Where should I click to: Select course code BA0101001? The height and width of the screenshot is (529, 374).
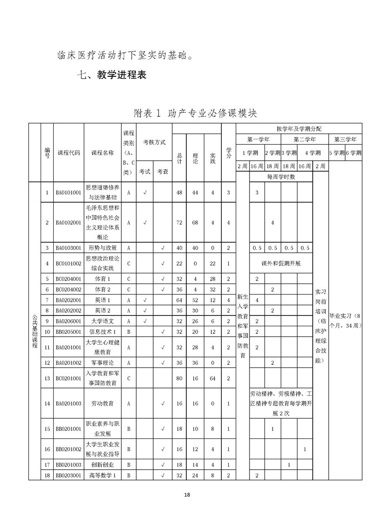pos(68,192)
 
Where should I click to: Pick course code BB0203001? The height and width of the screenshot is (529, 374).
pos(68,475)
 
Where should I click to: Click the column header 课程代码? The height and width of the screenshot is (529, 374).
pos(68,153)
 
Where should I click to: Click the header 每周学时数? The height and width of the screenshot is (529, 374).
pos(281,177)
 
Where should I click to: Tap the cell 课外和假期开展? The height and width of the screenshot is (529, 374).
pos(281,263)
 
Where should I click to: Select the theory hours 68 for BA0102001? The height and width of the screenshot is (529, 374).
pos(195,223)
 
